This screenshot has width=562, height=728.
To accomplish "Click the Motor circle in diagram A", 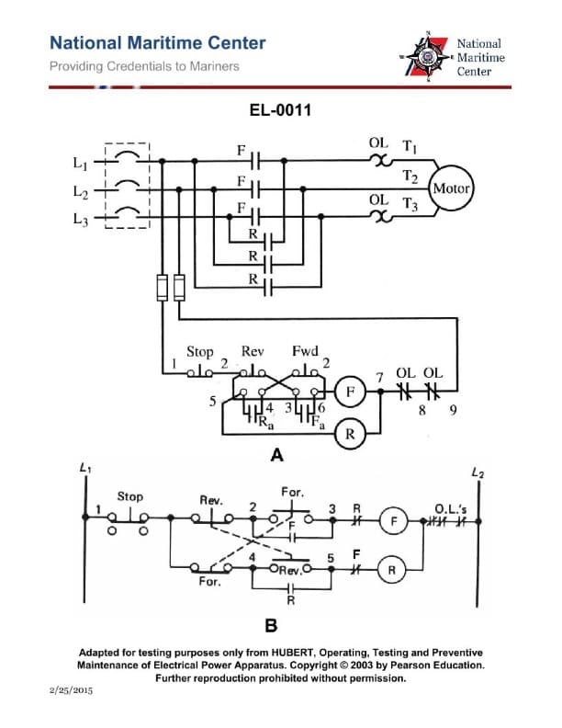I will [451, 188].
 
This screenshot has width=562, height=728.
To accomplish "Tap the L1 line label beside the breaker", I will [80, 164].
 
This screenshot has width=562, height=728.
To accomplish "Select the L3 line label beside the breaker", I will [80, 220].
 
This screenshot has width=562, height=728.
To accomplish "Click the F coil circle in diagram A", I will [349, 392].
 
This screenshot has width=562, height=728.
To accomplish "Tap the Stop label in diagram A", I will [199, 352].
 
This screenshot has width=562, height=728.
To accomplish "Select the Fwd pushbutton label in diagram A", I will [304, 352].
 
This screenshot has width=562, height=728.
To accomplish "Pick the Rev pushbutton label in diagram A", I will [252, 352].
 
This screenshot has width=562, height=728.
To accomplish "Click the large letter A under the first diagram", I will [276, 455].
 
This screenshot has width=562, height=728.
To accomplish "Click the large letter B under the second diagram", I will [271, 626].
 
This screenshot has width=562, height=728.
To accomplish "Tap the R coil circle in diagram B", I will [392, 569].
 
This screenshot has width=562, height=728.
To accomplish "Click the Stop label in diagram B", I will [129, 496].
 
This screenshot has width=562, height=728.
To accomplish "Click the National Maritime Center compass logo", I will [428, 56].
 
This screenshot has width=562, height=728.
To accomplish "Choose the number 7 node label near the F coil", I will [379, 377].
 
